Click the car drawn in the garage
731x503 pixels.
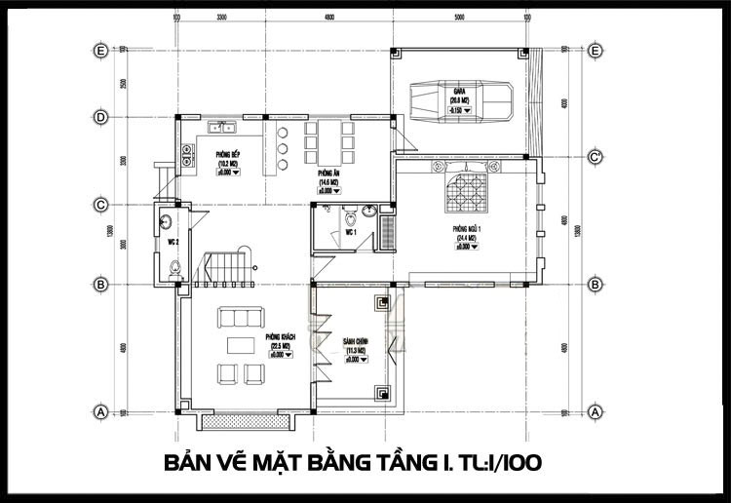tap(456, 97)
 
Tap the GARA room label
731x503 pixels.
tap(456, 98)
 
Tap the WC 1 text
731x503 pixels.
tap(349, 234)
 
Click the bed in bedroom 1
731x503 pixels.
tap(466, 190)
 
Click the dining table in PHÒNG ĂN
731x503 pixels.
tap(327, 143)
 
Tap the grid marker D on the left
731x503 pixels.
tap(99, 116)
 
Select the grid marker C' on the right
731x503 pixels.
tap(594, 156)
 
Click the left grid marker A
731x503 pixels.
tap(99, 411)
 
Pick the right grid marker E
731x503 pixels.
tap(594, 49)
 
